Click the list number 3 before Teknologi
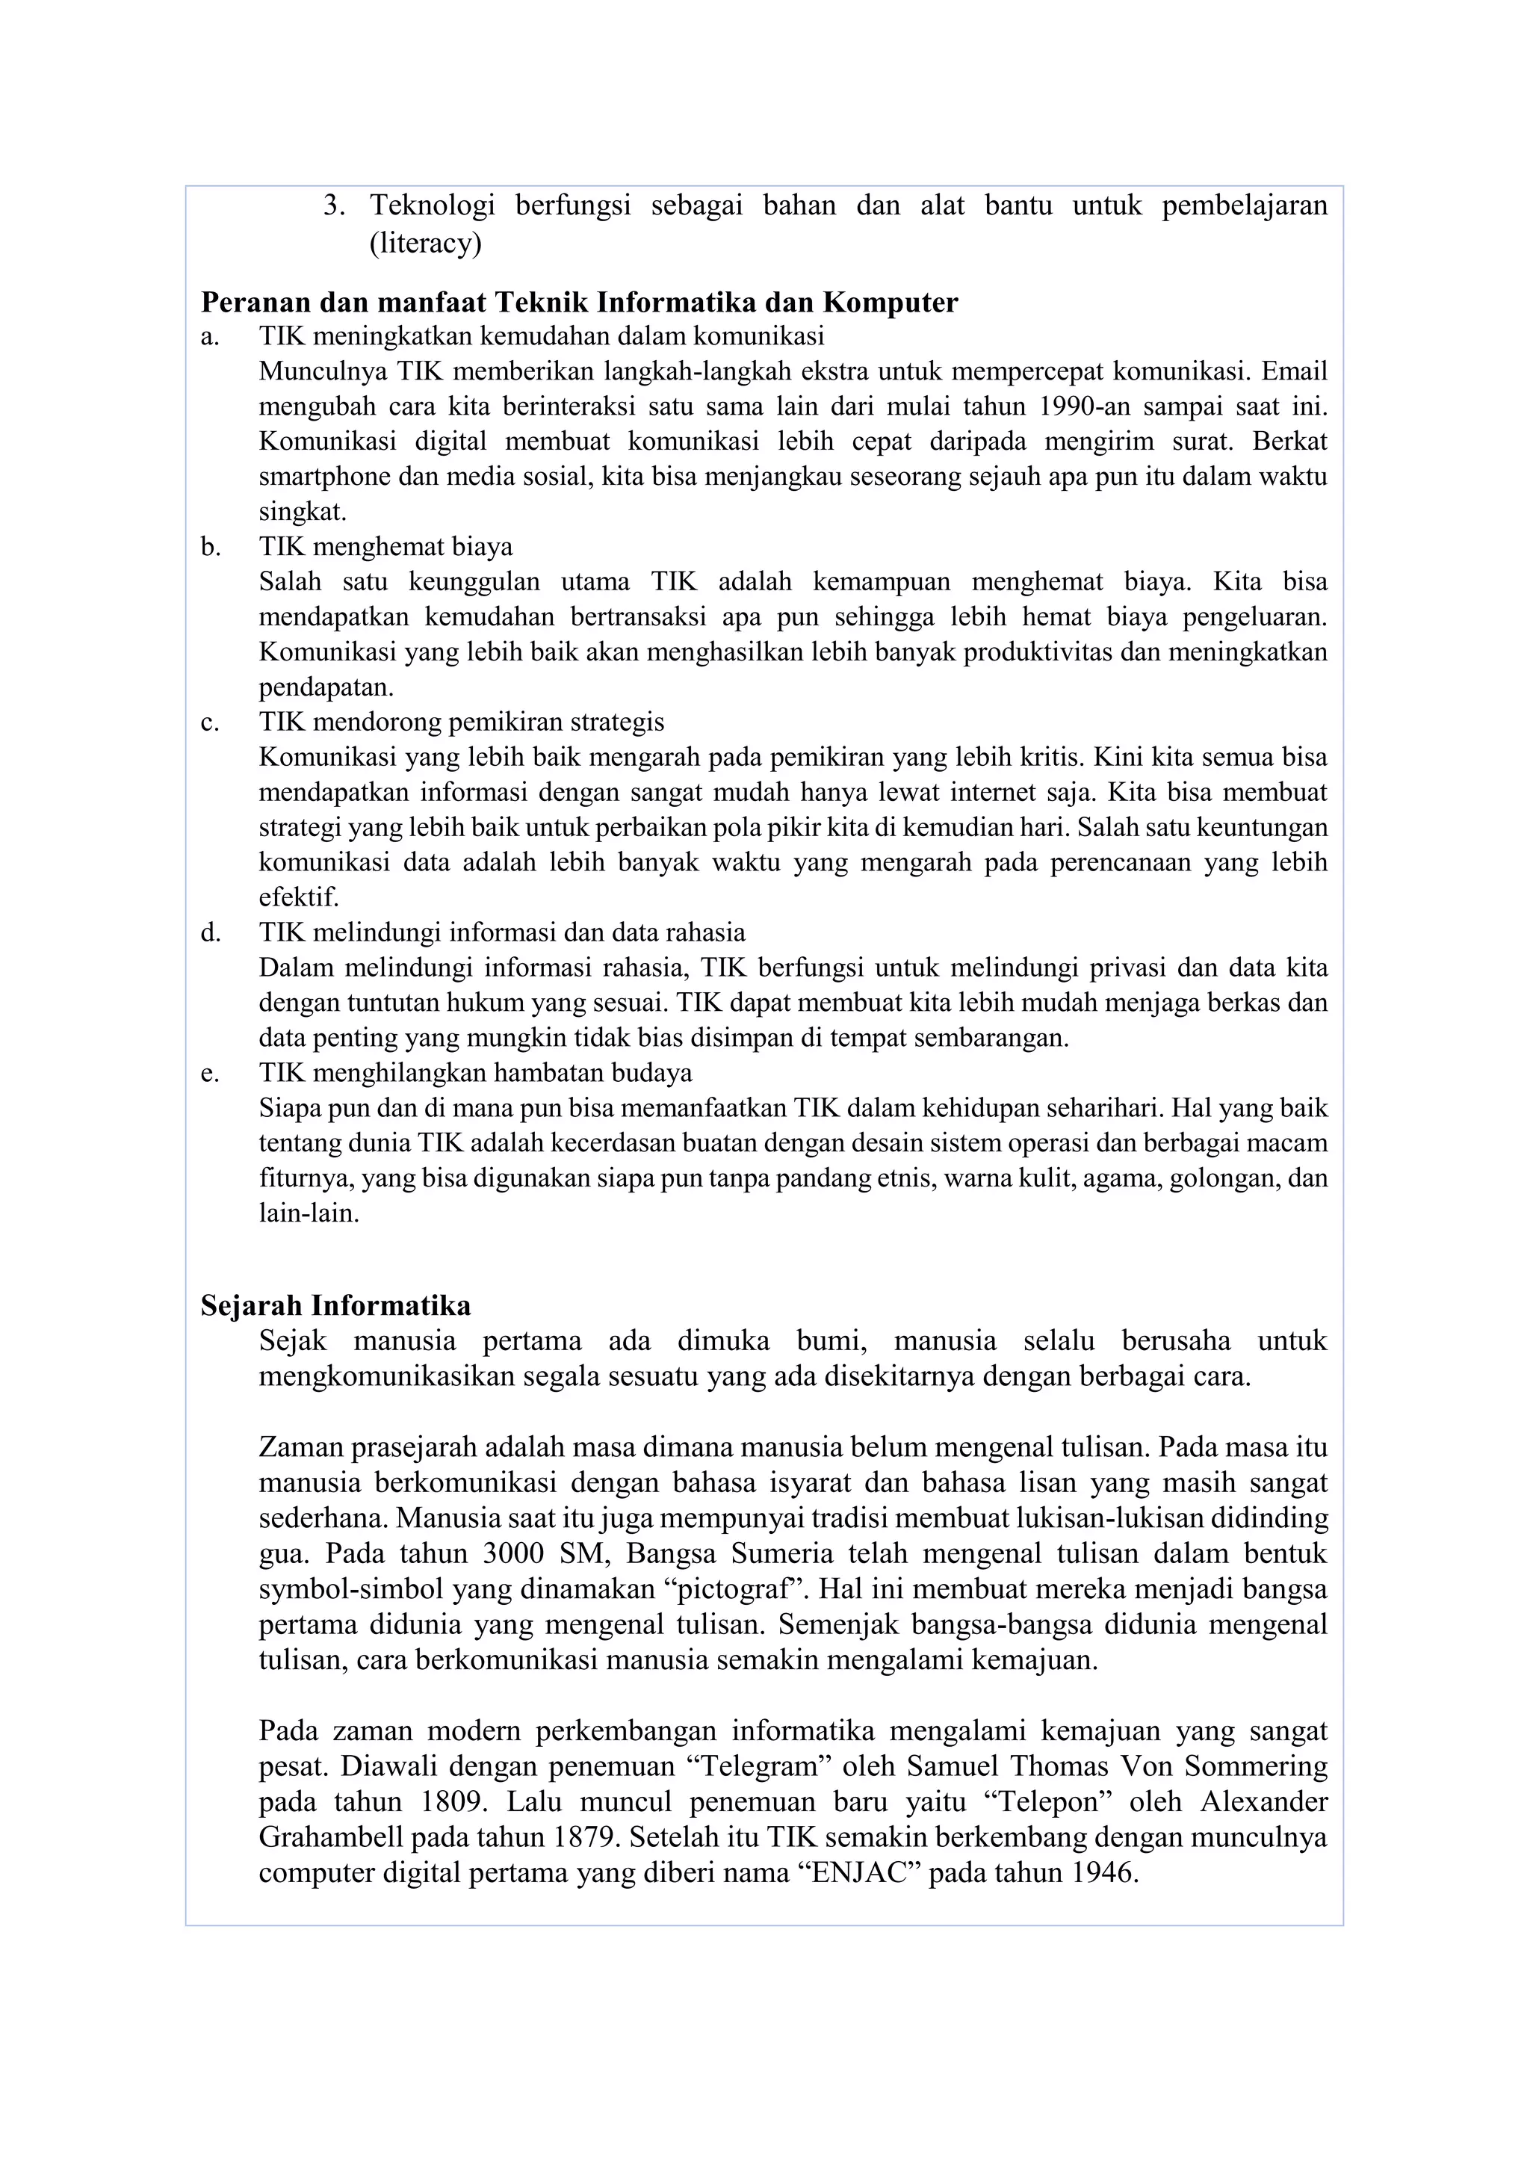[x=333, y=205]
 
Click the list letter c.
[x=210, y=722]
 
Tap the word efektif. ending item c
[x=298, y=897]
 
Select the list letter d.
[x=210, y=932]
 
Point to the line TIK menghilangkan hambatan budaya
[x=475, y=1073]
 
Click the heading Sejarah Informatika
[x=335, y=1306]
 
